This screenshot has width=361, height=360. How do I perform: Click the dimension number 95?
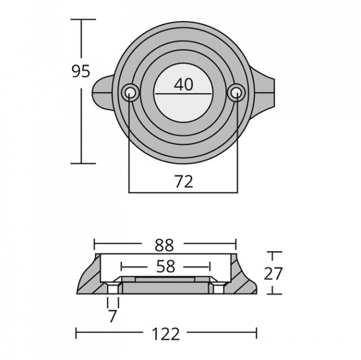[x=80, y=72]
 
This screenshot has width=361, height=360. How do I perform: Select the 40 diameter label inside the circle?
[x=183, y=85]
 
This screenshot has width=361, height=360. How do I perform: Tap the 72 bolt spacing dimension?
[x=184, y=181]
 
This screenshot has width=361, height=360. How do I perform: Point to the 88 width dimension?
[x=164, y=245]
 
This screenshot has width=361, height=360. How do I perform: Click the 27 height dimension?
[x=273, y=273]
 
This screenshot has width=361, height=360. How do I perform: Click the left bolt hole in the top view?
[x=129, y=92]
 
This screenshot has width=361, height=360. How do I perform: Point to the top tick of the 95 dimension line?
[x=83, y=19]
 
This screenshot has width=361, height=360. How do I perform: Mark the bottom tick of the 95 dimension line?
[x=83, y=163]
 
